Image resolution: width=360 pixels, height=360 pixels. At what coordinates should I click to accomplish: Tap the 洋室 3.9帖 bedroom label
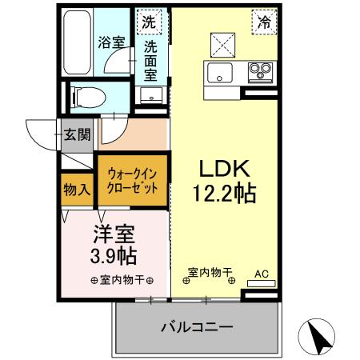tap(112, 246)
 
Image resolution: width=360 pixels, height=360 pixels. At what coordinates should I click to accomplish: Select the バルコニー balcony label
tap(196, 327)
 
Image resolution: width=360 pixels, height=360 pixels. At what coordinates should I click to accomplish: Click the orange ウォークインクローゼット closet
tap(132, 182)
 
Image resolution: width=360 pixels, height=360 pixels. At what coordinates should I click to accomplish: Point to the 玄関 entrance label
tap(79, 133)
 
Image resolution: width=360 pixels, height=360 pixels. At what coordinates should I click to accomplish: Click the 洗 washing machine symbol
tap(149, 23)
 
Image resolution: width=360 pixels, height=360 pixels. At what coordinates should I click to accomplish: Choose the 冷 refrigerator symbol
tap(263, 23)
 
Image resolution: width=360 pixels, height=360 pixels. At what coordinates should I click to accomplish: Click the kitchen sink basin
tap(219, 73)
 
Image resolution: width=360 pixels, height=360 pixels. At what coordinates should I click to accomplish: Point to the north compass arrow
tap(319, 338)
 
